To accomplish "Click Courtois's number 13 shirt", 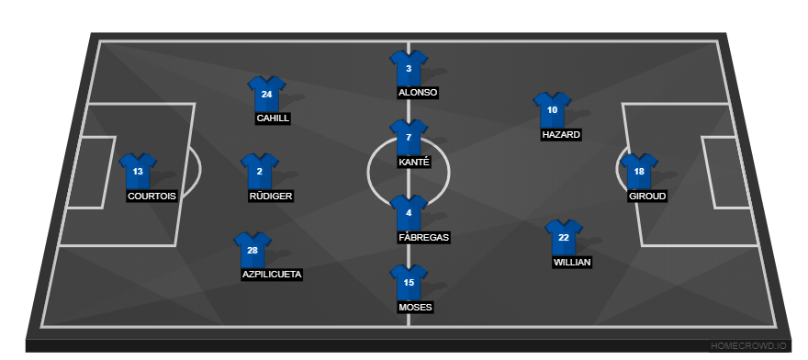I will pos(138,171).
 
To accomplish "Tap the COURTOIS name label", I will pos(152,196).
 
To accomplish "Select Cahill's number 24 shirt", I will pos(266,94).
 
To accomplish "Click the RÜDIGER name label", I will pos(272,196).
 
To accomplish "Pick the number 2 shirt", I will pos(260,171).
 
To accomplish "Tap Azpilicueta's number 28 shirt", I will pos(253,249).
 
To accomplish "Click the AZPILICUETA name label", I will pos(272,274).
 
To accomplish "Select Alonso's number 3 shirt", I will pos(409,68).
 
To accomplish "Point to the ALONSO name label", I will pos(418,93).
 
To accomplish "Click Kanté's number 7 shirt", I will pos(409,137).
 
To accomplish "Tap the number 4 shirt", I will pos(409,213).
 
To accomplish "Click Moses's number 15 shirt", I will pos(409,282).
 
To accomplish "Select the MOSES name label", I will pos(415,307).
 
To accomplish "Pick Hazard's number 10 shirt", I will pos(552,109).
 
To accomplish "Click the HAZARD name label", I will pos(561,134).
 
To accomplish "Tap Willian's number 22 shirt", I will pos(564,237).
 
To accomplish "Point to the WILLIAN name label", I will pos(572,262).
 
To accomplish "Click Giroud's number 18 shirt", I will pos(639,171).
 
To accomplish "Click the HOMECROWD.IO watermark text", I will pos(748,345).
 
